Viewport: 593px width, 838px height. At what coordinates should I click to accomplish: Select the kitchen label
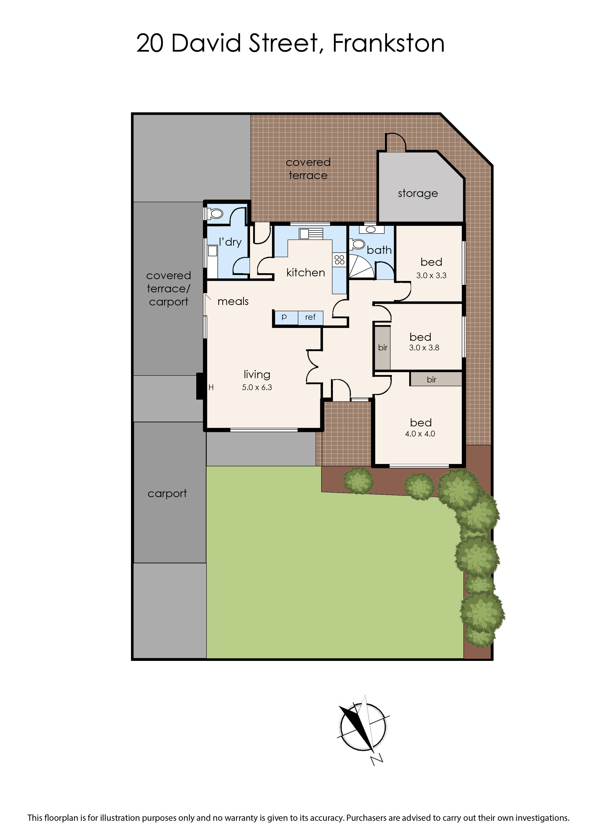click(306, 272)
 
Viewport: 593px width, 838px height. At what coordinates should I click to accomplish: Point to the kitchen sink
click(311, 234)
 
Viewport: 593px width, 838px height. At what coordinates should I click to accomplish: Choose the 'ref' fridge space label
click(310, 317)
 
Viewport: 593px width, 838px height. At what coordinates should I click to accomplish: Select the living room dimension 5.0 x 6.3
click(257, 387)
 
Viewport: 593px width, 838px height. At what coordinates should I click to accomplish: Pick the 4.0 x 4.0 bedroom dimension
click(420, 434)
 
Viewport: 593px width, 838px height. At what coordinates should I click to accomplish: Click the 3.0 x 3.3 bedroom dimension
click(431, 275)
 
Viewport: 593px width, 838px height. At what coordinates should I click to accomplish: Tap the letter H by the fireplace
click(211, 387)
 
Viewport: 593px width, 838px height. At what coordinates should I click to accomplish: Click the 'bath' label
click(379, 250)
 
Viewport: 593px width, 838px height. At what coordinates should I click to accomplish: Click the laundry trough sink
click(212, 251)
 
